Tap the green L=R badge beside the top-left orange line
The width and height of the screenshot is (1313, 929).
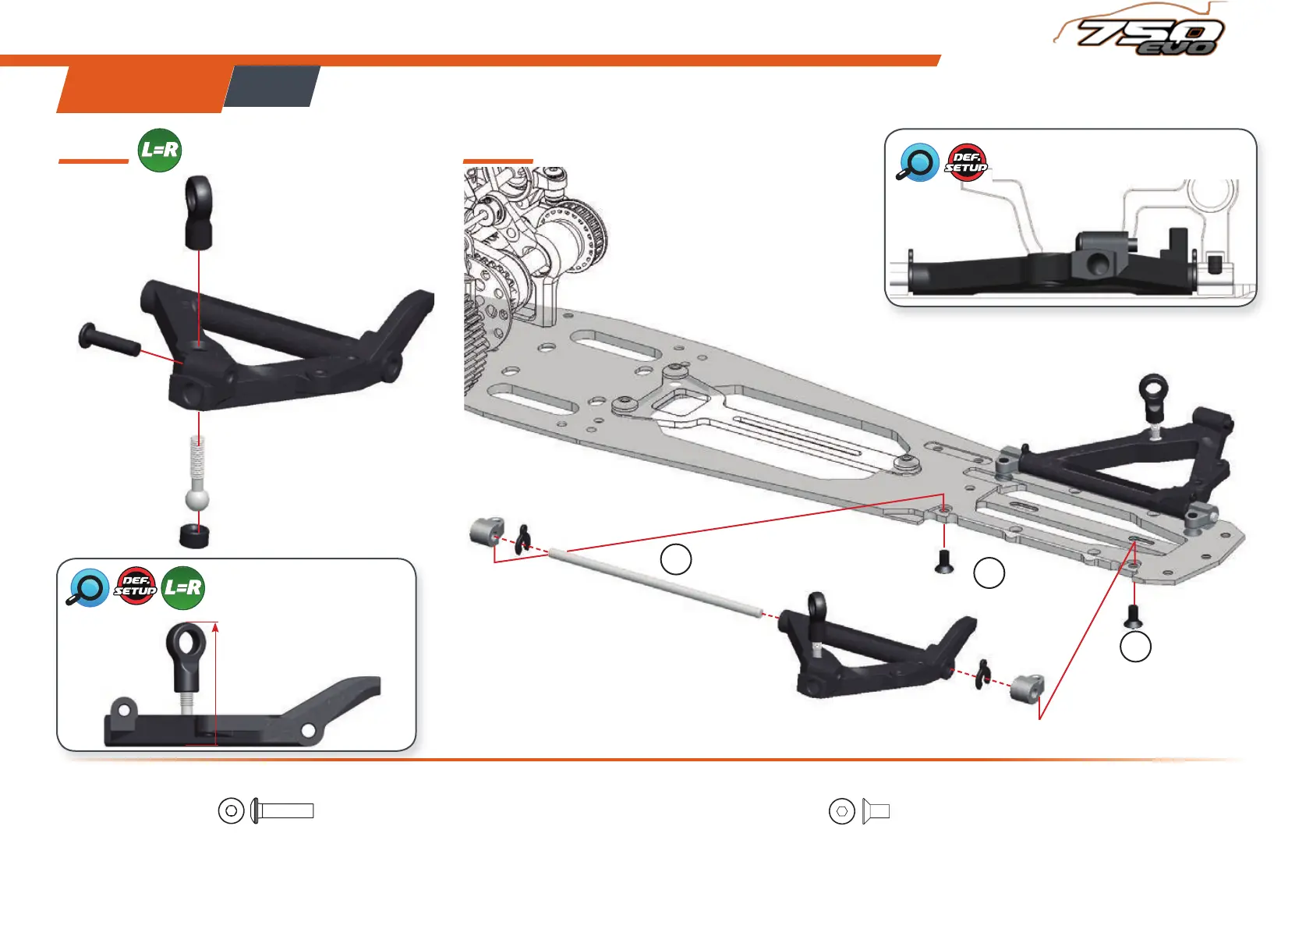click(x=160, y=150)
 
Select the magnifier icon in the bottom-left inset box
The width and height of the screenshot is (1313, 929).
click(x=87, y=588)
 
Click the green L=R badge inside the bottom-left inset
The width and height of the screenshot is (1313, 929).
click(x=183, y=588)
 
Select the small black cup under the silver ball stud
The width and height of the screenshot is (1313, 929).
click(x=195, y=536)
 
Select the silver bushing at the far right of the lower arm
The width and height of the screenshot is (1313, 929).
click(x=1028, y=688)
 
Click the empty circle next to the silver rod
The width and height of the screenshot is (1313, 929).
click(x=676, y=559)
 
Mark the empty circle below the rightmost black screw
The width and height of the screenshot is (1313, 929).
click(x=1135, y=647)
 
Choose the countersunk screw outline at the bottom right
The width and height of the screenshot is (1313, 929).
click(x=876, y=812)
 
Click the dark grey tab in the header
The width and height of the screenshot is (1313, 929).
click(x=272, y=86)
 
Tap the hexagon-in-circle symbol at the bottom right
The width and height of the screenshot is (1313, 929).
click(x=842, y=812)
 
